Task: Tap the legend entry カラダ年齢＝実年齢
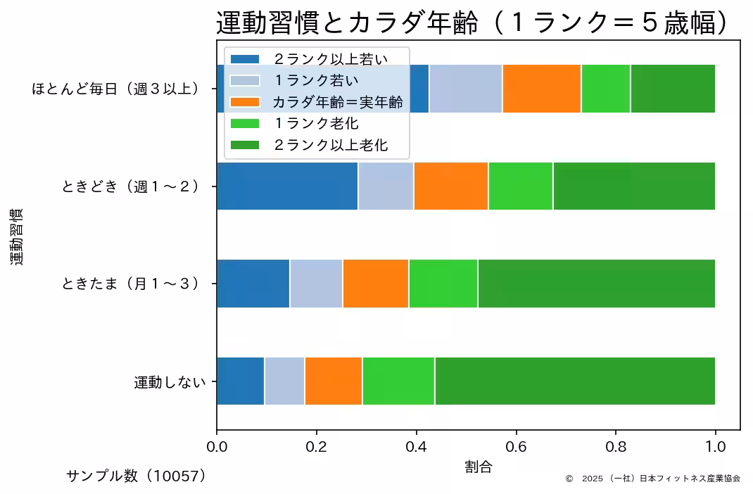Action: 338,102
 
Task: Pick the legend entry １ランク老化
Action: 316,124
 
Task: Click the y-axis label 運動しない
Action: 170,382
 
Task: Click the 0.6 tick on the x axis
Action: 516,446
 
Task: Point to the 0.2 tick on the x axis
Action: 316,446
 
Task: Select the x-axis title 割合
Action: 478,467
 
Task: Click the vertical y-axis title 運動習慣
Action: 17,236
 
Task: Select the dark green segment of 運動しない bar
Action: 574,381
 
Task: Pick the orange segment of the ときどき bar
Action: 451,186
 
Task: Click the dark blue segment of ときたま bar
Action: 253,284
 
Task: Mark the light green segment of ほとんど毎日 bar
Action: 605,88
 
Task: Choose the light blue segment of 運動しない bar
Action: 284,381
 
